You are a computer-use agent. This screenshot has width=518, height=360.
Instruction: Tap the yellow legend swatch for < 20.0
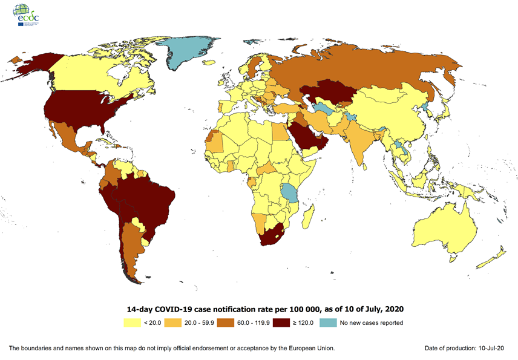click(131, 322)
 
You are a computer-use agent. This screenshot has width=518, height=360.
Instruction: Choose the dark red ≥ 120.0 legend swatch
click(281, 322)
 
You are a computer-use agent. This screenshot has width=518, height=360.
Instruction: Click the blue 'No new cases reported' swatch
click(328, 322)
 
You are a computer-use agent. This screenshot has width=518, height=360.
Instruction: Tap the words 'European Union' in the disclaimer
click(310, 349)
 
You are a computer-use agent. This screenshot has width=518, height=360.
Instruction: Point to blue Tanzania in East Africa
click(291, 193)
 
